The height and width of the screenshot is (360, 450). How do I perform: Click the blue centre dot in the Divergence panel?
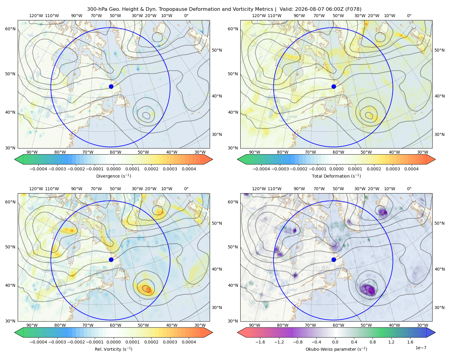pos(111,86)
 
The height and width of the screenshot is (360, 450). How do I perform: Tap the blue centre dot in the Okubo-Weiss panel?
pos(334,259)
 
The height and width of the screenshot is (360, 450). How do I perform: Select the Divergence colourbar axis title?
pos(113,176)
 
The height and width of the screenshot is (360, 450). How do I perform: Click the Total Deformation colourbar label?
pos(336,176)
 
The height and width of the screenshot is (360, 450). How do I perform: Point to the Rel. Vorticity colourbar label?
pos(113,349)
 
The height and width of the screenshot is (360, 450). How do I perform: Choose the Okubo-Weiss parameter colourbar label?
pos(336,349)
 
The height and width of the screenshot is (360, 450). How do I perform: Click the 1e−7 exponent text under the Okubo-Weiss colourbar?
pos(421,348)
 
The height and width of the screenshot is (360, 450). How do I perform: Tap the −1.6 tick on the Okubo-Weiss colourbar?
pos(260,342)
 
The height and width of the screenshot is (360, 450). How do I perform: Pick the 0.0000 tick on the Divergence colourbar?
pos(113,169)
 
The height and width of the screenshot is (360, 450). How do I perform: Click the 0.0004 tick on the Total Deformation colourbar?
pos(411,169)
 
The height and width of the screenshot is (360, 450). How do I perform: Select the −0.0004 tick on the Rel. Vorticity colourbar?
pos(38,342)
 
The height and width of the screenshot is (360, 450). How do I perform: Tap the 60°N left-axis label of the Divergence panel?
pos(10,29)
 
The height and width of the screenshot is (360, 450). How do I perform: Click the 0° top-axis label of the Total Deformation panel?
pos(409,16)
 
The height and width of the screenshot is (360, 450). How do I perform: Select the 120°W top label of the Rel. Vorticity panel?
pos(36,188)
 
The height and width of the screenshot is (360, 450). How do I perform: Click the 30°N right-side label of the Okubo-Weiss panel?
pos(439,307)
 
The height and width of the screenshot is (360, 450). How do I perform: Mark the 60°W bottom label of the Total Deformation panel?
pos(338,152)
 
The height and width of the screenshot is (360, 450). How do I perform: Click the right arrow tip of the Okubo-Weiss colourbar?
pos(435,332)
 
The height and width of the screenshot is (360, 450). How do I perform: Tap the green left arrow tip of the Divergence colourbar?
pos(15,159)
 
